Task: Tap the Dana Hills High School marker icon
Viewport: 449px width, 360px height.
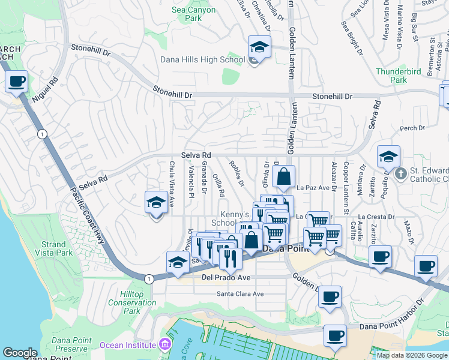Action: (x=259, y=47)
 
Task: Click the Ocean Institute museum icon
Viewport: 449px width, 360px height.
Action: (x=163, y=344)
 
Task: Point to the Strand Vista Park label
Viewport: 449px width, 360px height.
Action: (x=53, y=248)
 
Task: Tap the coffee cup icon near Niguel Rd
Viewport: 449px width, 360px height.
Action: (x=17, y=81)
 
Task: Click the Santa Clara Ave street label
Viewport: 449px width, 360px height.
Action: (x=240, y=294)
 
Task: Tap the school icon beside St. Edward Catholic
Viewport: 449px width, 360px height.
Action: (x=388, y=157)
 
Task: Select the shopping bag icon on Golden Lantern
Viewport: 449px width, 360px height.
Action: (x=284, y=177)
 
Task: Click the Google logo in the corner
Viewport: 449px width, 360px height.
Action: (x=20, y=353)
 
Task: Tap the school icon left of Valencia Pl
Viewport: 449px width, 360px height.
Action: (x=156, y=202)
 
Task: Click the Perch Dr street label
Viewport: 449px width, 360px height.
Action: (x=412, y=128)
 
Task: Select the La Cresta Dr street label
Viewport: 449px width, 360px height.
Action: (x=376, y=217)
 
